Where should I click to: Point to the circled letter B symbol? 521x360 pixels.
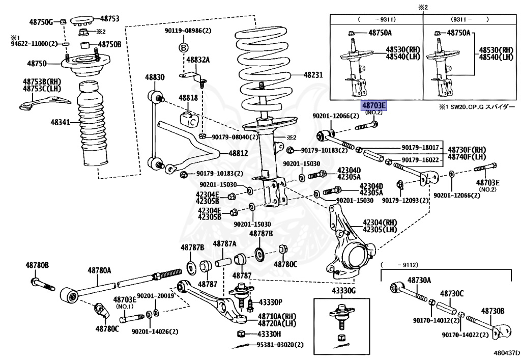(183, 48)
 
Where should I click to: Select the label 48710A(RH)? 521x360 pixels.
(276, 316)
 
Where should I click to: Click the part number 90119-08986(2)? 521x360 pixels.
(188, 31)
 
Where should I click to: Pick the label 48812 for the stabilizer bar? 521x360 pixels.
(238, 153)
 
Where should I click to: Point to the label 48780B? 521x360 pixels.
(37, 266)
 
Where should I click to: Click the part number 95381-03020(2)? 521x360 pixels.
(278, 345)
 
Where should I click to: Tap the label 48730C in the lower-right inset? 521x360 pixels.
(452, 294)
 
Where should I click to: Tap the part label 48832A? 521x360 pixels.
(197, 60)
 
